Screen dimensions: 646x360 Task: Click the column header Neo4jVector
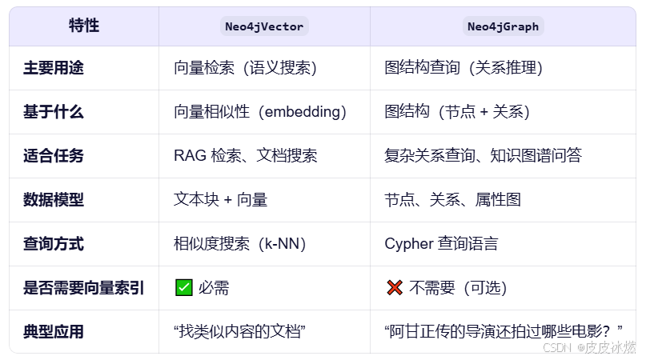click(x=264, y=26)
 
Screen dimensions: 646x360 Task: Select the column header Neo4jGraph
click(x=503, y=26)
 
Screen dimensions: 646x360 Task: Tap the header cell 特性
click(x=84, y=26)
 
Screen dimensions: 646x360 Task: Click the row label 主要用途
click(x=54, y=68)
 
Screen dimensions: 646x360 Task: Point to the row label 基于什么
click(x=54, y=112)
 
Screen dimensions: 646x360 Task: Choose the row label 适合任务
click(x=54, y=156)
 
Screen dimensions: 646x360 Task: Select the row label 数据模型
click(x=54, y=200)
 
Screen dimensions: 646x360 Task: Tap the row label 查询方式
click(x=54, y=244)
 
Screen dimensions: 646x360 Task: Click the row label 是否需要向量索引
click(x=84, y=288)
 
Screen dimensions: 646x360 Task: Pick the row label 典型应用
click(x=54, y=332)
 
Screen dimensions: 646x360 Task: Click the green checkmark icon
click(x=183, y=288)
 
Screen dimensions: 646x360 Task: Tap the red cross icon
click(x=394, y=288)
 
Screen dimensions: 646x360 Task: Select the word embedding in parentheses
click(x=297, y=112)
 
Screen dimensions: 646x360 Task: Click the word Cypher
click(x=408, y=244)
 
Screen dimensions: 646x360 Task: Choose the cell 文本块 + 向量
click(x=220, y=200)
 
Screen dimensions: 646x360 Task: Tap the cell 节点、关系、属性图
click(x=452, y=200)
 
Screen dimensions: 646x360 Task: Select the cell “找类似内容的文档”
click(x=241, y=332)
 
